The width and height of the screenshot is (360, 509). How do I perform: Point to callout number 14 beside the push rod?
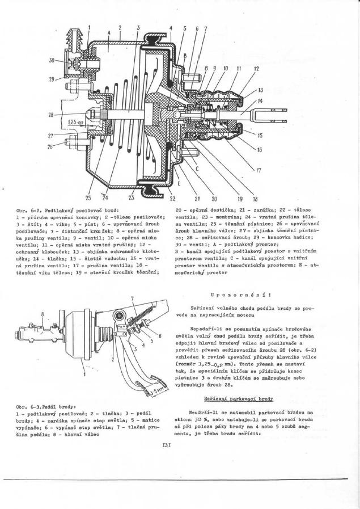[260, 100]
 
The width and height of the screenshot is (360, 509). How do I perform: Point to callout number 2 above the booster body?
[120, 27]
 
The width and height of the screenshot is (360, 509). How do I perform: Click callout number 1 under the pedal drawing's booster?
[70, 373]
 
